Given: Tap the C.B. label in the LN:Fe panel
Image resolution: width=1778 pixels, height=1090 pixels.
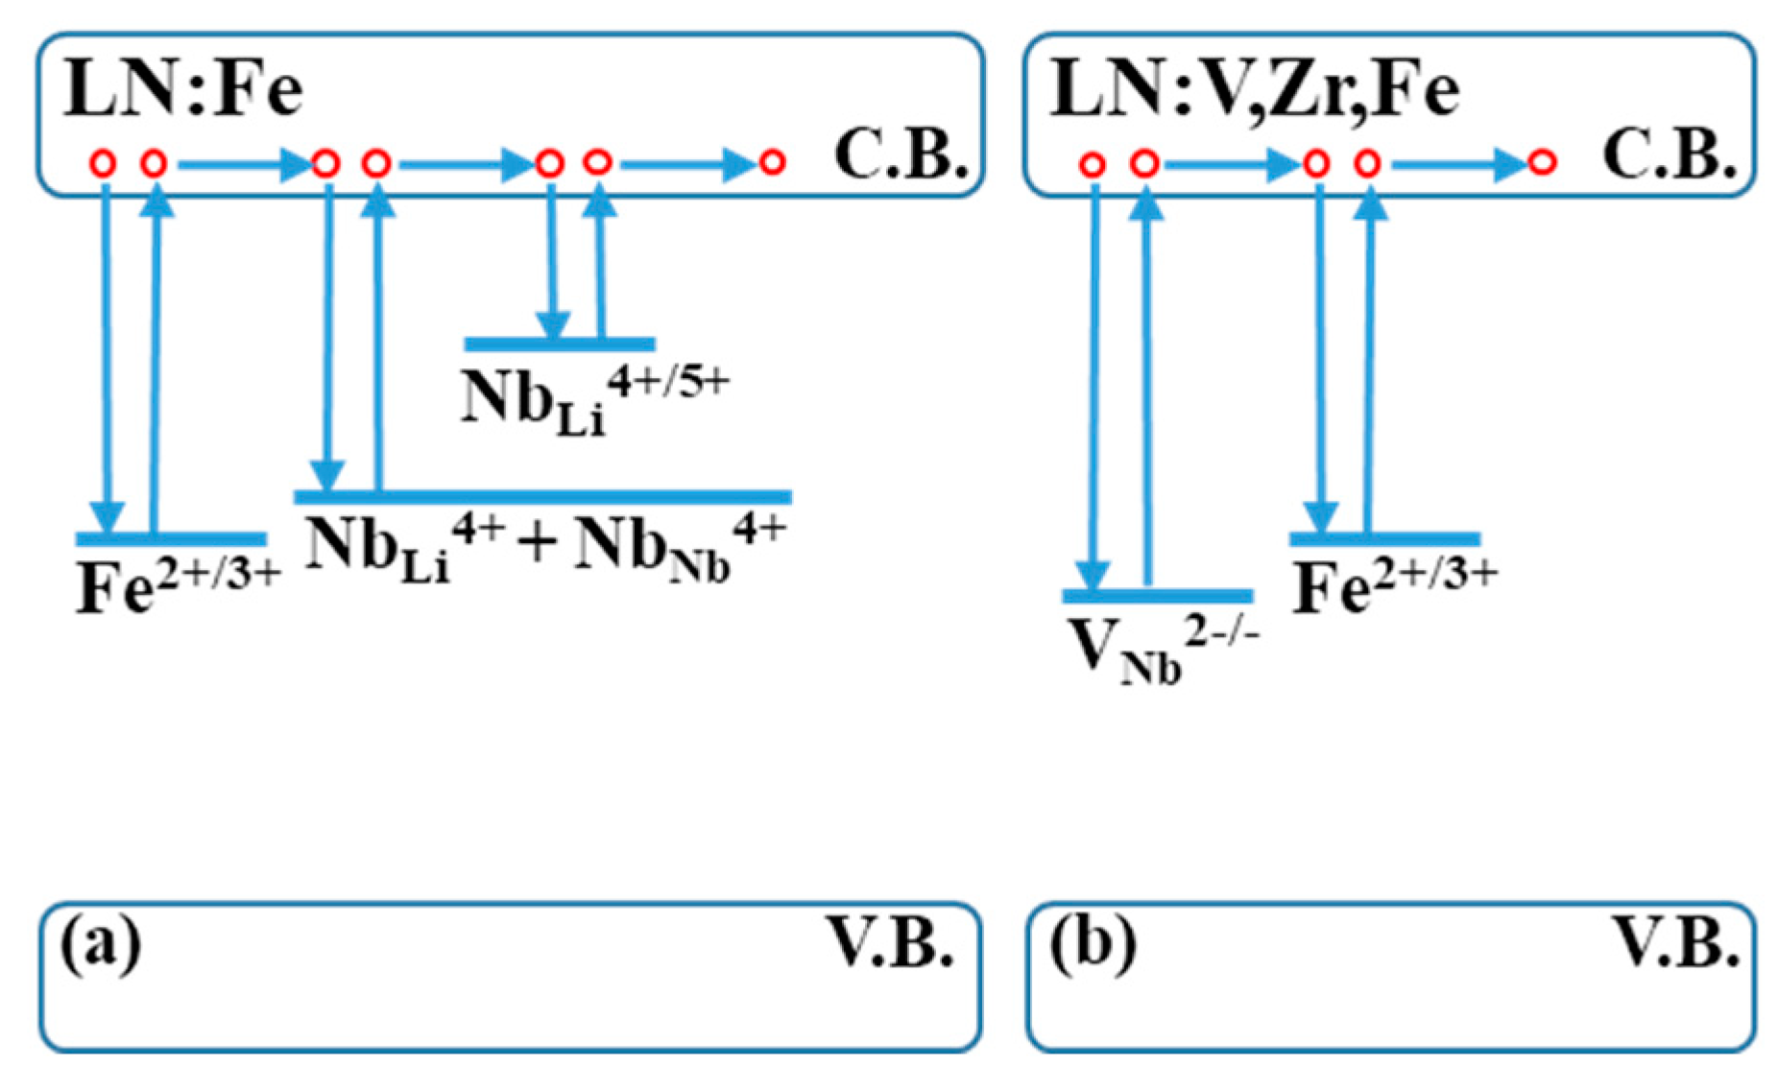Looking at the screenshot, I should click(x=901, y=154).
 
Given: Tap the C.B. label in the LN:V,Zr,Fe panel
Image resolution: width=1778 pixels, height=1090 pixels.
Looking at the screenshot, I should click(x=1669, y=154).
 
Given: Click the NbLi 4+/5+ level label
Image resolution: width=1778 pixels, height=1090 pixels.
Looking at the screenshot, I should click(x=593, y=398).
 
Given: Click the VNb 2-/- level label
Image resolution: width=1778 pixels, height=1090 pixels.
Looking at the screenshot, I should click(x=1162, y=648).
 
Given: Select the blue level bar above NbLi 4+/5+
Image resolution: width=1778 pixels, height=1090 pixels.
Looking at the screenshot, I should click(x=560, y=344).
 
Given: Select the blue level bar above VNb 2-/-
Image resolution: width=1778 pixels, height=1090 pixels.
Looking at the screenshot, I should click(x=1157, y=596).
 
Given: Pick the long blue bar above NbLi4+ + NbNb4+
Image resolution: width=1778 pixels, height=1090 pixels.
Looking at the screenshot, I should click(x=542, y=496).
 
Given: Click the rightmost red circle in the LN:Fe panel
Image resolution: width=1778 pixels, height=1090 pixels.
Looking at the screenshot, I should click(x=773, y=162).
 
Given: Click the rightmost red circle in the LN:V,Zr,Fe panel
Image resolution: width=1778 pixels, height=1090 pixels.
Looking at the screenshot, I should click(x=1541, y=162).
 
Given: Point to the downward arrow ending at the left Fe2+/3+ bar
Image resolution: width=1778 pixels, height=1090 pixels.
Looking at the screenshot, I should click(x=107, y=355).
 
